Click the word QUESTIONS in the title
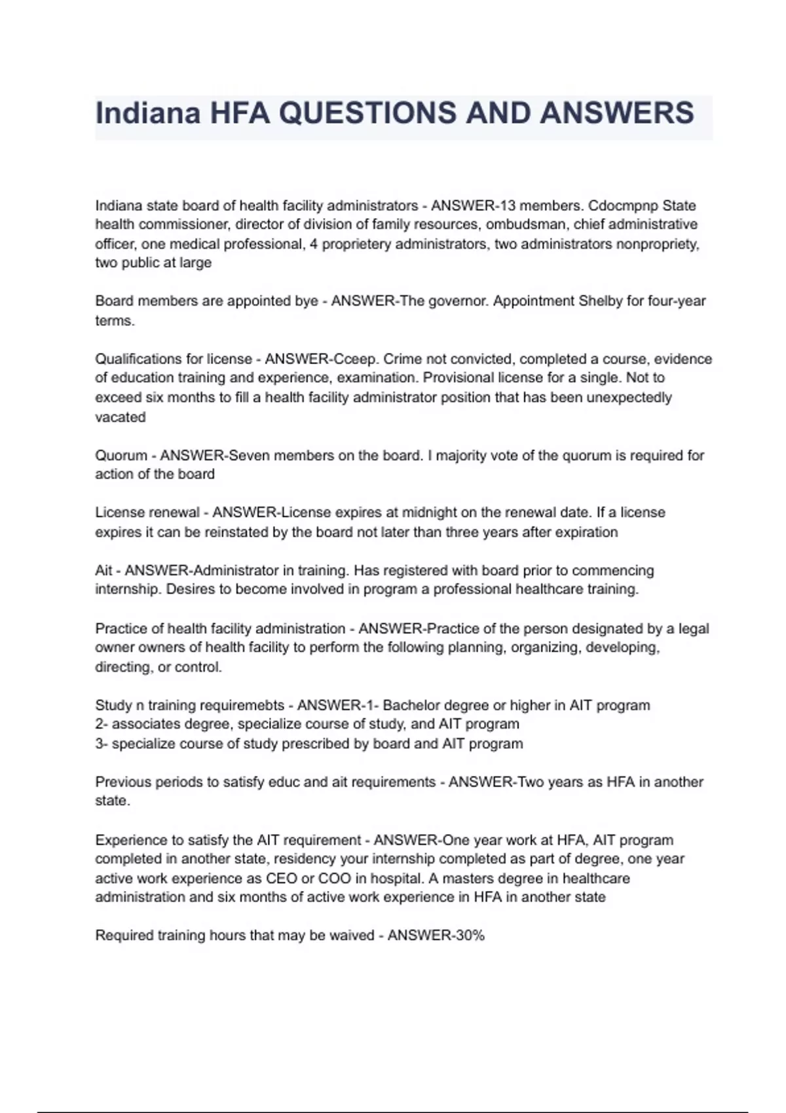[x=367, y=113]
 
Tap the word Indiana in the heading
[x=147, y=113]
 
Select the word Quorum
[x=121, y=455]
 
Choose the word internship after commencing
[x=127, y=589]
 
